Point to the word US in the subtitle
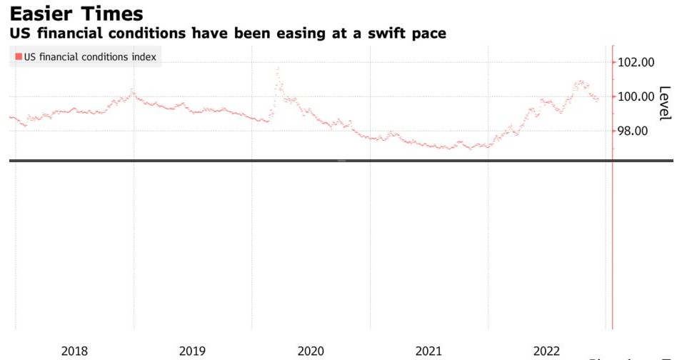coord(18,34)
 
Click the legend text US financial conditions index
coord(90,56)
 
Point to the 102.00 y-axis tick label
coord(636,62)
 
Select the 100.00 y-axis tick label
coord(636,96)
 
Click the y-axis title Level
coord(665,104)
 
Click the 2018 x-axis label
coord(74,351)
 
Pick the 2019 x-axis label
coord(192,351)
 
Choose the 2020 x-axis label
coord(311,351)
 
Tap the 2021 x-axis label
coord(428,351)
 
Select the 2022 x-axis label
coord(547,351)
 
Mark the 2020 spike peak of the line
coord(278,69)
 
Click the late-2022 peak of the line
coord(581,81)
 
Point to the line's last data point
coord(597,101)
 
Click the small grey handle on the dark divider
coord(341,161)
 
